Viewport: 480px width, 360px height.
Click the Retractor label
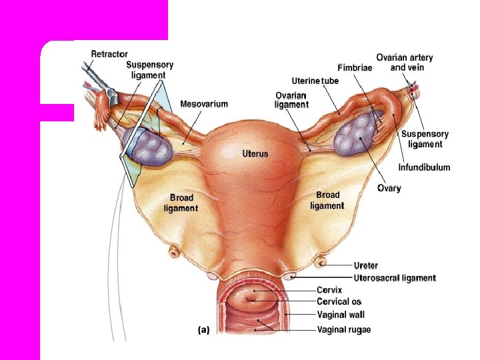coord(110,54)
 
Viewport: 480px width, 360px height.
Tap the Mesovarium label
coord(204,104)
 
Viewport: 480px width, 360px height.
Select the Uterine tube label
coord(315,81)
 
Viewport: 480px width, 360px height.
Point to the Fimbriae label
coord(355,68)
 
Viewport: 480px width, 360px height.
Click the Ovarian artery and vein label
coord(405,63)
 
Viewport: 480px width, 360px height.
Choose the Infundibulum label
coord(424,167)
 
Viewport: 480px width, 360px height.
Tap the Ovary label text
coord(389,188)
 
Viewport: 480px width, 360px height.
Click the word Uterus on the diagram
coord(255,153)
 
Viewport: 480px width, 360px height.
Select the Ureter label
coord(366,265)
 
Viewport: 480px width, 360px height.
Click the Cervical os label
coord(339,302)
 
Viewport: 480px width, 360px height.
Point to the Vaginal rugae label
coord(344,329)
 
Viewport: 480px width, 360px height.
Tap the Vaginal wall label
coord(341,315)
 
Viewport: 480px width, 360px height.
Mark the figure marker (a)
coord(204,329)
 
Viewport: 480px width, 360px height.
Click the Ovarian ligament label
coord(291,100)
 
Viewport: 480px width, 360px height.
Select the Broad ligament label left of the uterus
coord(181,203)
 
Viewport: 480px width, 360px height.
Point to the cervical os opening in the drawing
coord(252,300)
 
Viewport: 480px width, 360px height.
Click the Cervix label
coord(329,290)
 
